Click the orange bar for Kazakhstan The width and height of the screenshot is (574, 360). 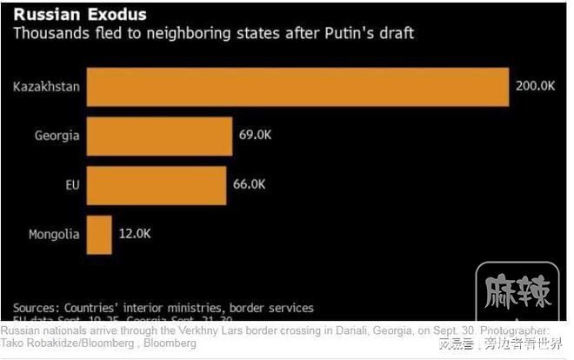tap(297, 87)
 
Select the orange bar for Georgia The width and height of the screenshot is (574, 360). tap(159, 136)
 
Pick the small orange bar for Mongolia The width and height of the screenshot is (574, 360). tap(99, 234)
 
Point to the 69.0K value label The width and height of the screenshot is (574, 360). tap(254, 136)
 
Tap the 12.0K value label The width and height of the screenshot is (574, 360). tap(134, 234)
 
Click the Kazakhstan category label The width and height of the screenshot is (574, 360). tap(46, 87)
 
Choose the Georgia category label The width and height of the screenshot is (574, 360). tap(57, 136)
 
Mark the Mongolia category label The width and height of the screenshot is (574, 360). tap(54, 234)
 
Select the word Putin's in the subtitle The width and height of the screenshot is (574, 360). tap(345, 34)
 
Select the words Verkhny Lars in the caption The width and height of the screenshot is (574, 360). tap(199, 331)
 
